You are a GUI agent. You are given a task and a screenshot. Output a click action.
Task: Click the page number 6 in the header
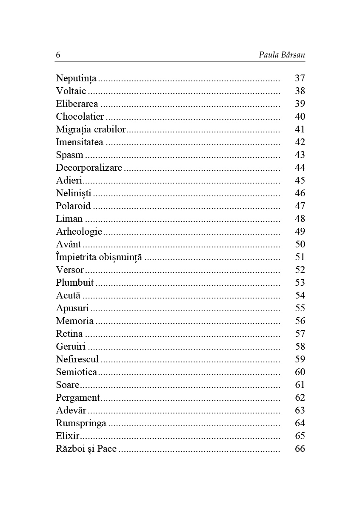(x=58, y=55)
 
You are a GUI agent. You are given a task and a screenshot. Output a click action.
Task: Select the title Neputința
(x=76, y=79)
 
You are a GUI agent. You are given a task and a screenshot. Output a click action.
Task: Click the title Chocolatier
(x=80, y=117)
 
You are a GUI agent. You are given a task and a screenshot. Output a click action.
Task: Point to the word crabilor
(x=110, y=129)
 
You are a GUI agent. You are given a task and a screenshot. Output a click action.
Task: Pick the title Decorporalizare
(x=89, y=168)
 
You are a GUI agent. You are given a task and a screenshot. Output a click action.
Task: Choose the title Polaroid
(x=73, y=206)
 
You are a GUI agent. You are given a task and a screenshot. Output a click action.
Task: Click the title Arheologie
(x=79, y=232)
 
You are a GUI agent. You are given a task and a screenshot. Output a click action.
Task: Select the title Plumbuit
(x=74, y=283)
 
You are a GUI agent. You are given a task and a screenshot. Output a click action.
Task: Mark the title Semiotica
(x=77, y=372)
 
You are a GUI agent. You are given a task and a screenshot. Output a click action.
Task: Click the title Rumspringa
(x=81, y=423)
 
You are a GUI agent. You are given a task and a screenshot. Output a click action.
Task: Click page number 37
(x=300, y=78)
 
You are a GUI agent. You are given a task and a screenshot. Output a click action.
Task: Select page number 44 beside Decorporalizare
(x=300, y=168)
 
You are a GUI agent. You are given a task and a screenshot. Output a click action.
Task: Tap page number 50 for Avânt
(x=300, y=244)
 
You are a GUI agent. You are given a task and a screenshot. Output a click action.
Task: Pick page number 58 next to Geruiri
(x=300, y=347)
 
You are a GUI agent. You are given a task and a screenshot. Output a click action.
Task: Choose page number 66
(x=300, y=449)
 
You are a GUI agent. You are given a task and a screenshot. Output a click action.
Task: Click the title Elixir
(x=68, y=436)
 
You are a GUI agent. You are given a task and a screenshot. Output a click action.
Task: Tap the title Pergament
(x=77, y=398)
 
